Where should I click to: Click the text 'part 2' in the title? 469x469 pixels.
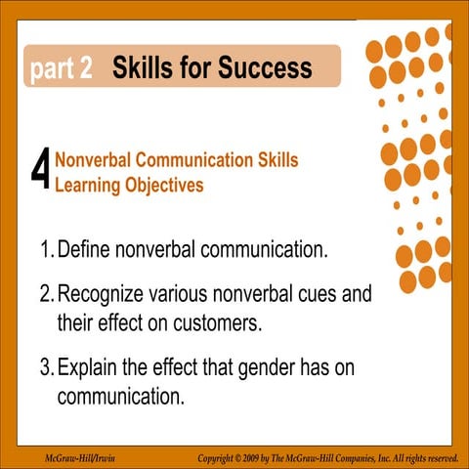61,69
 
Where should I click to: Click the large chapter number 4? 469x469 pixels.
40,173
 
